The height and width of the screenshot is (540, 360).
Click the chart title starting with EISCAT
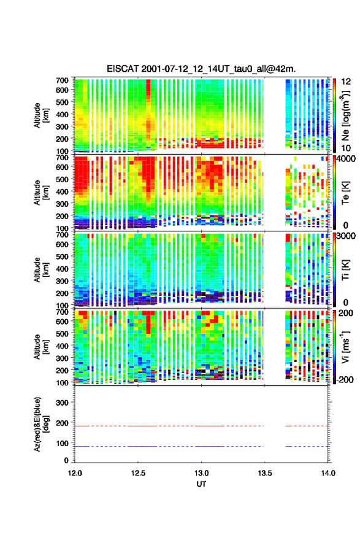pyautogui.click(x=201, y=69)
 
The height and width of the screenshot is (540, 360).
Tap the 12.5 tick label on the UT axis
pyautogui.click(x=138, y=473)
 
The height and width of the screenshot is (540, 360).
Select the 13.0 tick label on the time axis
pyautogui.click(x=201, y=473)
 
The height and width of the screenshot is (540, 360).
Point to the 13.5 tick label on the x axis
pyautogui.click(x=265, y=473)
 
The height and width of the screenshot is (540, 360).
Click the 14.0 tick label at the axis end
pyautogui.click(x=328, y=473)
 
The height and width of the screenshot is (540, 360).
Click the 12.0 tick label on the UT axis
pyautogui.click(x=75, y=473)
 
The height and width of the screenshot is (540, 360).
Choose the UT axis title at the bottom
pyautogui.click(x=201, y=484)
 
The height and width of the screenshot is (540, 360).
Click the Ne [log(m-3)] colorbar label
pyautogui.click(x=345, y=115)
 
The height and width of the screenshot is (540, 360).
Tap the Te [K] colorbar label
pyautogui.click(x=345, y=193)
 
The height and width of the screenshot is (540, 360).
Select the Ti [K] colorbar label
pyautogui.click(x=345, y=269)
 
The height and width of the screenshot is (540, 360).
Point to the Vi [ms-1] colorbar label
pyautogui.click(x=345, y=347)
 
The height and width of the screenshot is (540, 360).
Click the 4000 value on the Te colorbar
pyautogui.click(x=347, y=160)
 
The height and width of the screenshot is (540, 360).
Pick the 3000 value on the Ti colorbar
pyautogui.click(x=347, y=236)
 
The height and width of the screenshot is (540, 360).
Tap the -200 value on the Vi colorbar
pyautogui.click(x=344, y=379)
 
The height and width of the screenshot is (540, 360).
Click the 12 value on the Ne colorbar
pyautogui.click(x=346, y=82)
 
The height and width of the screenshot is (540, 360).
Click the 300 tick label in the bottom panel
pyautogui.click(x=62, y=403)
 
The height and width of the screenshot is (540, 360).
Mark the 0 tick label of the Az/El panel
pyautogui.click(x=66, y=460)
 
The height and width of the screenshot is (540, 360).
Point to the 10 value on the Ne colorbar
pyautogui.click(x=346, y=148)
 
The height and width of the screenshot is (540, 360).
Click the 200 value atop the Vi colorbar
pyautogui.click(x=346, y=313)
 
